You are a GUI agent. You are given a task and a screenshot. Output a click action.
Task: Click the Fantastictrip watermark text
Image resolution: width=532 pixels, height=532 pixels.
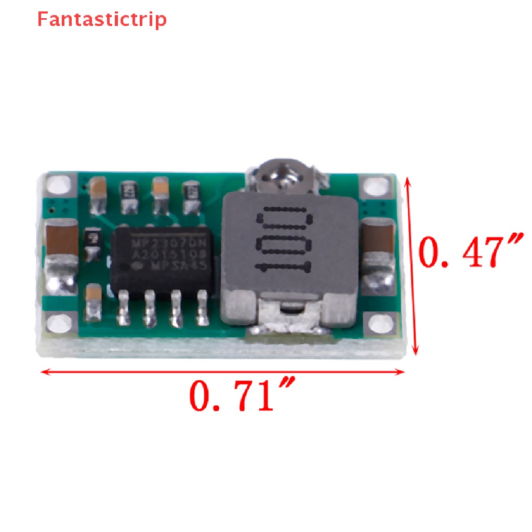pyautogui.click(x=102, y=19)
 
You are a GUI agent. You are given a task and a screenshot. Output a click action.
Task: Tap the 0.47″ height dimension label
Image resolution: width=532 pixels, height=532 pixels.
pyautogui.click(x=468, y=251)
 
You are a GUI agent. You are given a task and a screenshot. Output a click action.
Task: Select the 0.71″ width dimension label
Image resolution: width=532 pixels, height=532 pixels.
pyautogui.click(x=242, y=395)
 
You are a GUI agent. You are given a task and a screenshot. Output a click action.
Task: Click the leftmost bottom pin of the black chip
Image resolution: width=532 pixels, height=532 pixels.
pyautogui.click(x=124, y=309)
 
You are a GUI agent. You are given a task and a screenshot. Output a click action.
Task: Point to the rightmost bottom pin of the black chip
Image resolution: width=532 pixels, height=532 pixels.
pyautogui.click(x=201, y=309)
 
